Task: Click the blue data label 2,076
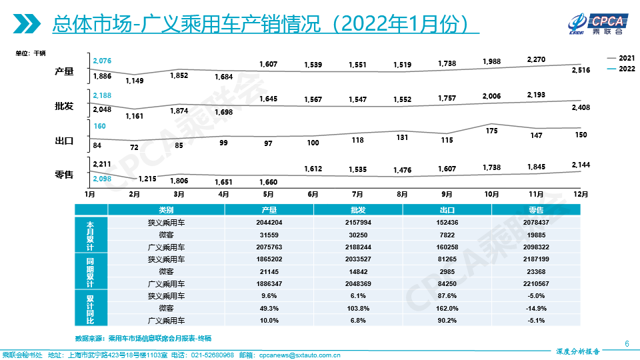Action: pos(102,61)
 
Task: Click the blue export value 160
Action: pos(100,126)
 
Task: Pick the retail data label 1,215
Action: pos(147,178)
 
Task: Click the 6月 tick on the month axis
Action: pos(313,195)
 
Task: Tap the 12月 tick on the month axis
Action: pos(581,195)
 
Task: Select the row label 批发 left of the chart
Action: pos(64,107)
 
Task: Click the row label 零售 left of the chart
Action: pos(64,175)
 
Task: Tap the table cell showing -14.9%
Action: pos(535,308)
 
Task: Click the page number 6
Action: pos(627,343)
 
